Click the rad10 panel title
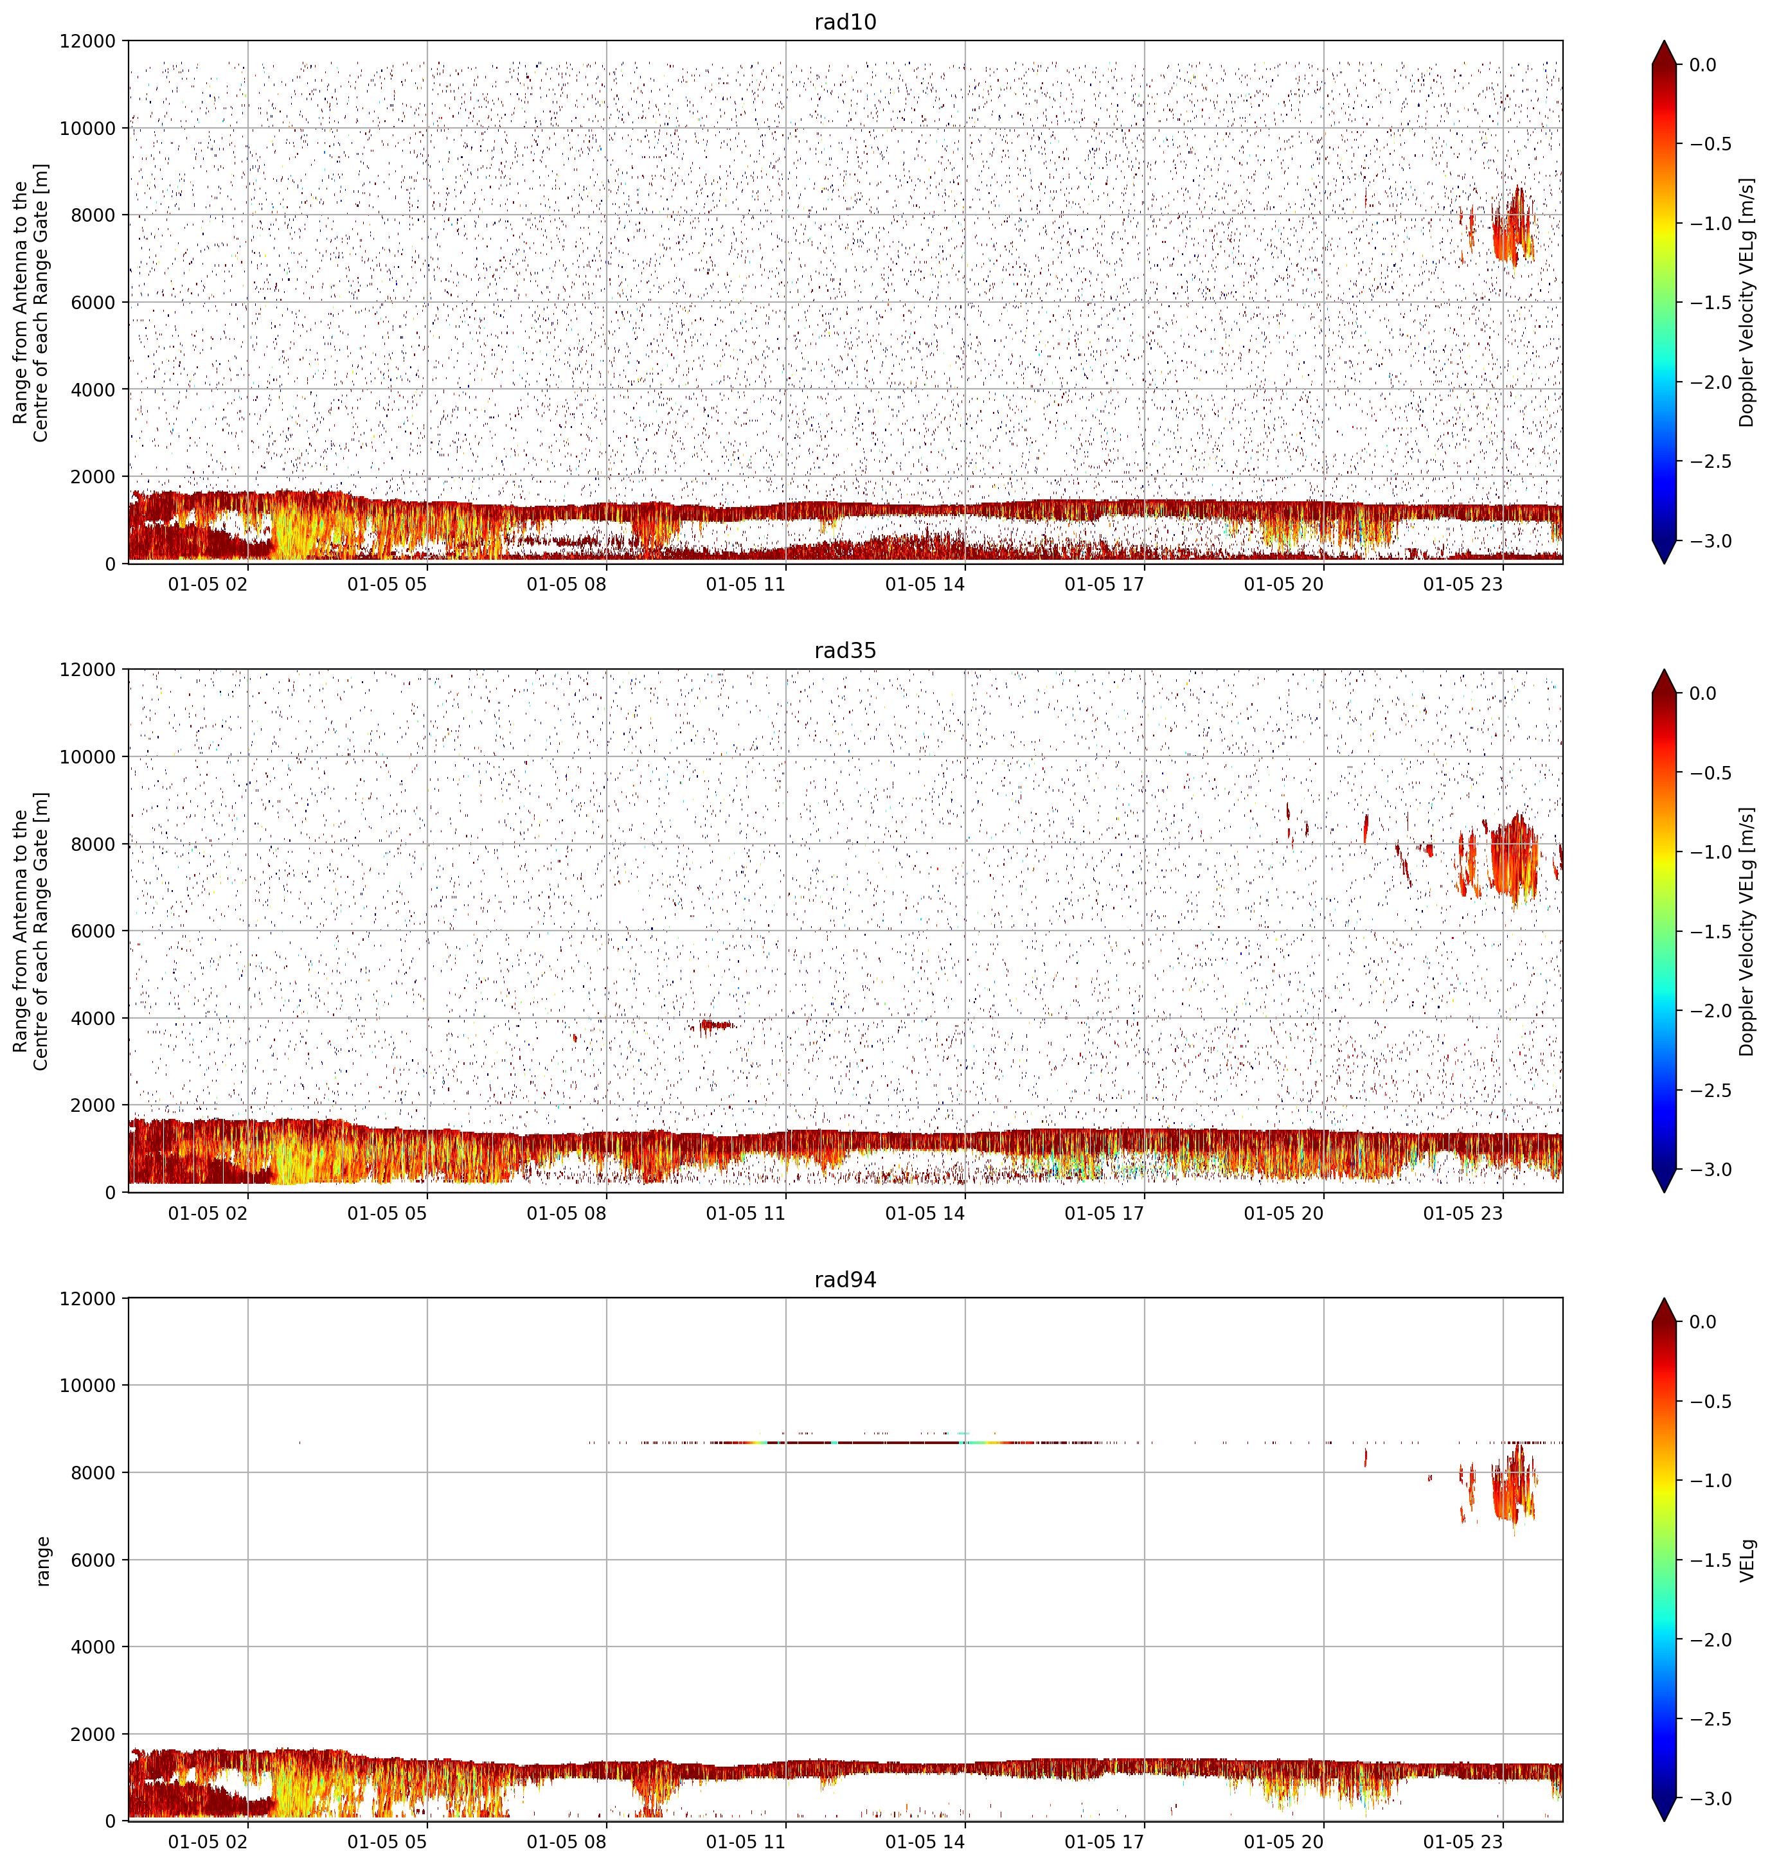tap(845, 22)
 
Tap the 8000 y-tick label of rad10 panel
tap(93, 215)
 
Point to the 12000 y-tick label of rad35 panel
tap(88, 670)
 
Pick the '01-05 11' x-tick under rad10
tap(746, 584)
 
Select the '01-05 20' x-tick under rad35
tap(1283, 1213)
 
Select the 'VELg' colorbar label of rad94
tap(1748, 1560)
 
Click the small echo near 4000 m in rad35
tap(715, 1026)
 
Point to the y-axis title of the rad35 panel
tap(31, 932)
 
